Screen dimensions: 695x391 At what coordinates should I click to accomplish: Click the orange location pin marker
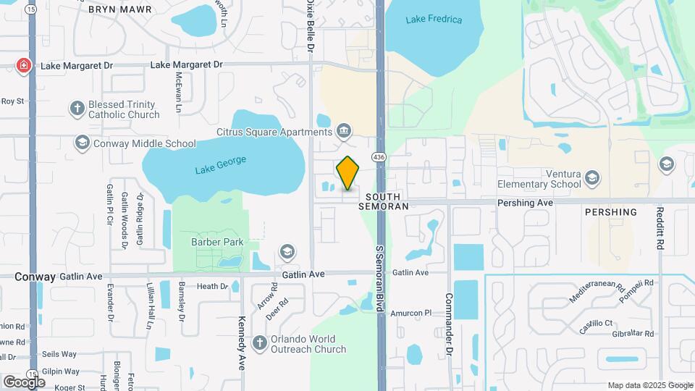(x=348, y=174)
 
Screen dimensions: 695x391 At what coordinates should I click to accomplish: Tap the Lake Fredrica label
(x=434, y=20)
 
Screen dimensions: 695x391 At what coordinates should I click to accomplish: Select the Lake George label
(x=221, y=164)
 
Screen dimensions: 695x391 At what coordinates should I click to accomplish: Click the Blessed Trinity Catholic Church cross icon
(x=77, y=109)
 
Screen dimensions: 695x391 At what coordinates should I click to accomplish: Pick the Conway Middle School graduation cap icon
(x=82, y=143)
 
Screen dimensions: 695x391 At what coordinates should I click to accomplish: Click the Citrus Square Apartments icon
(x=344, y=131)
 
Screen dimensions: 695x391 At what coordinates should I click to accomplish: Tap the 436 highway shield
(x=379, y=157)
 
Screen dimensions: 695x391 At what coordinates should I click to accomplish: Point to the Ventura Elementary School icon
(x=593, y=178)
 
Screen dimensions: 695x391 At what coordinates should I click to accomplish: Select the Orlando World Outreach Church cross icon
(x=259, y=343)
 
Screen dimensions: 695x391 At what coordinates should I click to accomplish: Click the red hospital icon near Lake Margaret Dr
(x=24, y=66)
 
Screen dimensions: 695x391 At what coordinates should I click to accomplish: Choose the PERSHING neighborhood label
(x=612, y=212)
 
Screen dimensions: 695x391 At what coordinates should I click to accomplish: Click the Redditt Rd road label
(x=660, y=229)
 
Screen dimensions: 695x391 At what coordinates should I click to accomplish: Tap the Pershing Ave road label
(x=525, y=203)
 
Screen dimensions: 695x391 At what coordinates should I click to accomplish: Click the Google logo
(x=25, y=382)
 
